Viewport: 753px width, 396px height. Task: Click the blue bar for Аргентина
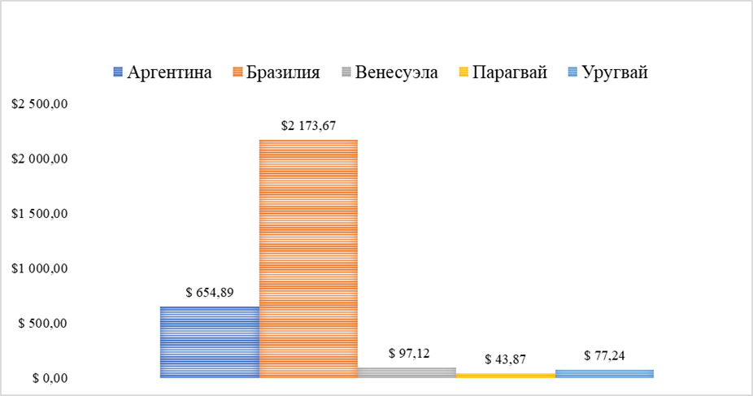pos(210,342)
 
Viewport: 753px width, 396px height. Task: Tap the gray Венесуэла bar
pos(407,372)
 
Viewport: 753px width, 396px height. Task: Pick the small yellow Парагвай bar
pos(505,376)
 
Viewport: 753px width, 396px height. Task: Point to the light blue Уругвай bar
pos(604,373)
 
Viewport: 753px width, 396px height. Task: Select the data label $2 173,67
pos(308,126)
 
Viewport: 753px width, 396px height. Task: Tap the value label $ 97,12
pos(407,354)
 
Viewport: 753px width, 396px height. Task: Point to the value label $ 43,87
pos(506,359)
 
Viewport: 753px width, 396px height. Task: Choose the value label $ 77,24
pos(605,355)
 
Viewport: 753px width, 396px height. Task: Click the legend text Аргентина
pos(169,72)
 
